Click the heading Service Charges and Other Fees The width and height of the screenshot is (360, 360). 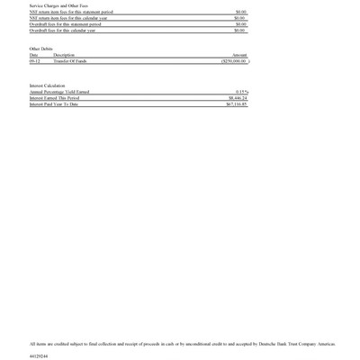point(52,5)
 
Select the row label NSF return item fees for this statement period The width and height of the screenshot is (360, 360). point(71,12)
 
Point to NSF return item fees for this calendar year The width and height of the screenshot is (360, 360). point(68,18)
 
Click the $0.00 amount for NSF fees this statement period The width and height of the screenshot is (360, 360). point(240,12)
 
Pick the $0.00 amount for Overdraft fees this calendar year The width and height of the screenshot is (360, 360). point(240,31)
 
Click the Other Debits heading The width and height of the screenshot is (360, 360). point(41,49)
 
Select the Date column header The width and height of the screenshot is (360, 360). point(34,55)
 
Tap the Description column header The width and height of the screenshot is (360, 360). point(64,55)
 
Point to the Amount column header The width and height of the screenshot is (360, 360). point(238,55)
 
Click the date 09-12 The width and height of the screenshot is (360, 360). point(34,61)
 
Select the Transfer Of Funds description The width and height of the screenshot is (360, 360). point(70,61)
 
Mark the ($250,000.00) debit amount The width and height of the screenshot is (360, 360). point(232,61)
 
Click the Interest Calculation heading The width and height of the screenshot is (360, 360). point(48,85)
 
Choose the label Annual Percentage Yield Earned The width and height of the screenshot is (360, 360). point(60,92)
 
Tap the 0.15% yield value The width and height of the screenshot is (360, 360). point(241,92)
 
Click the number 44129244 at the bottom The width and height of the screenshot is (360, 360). point(39,355)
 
